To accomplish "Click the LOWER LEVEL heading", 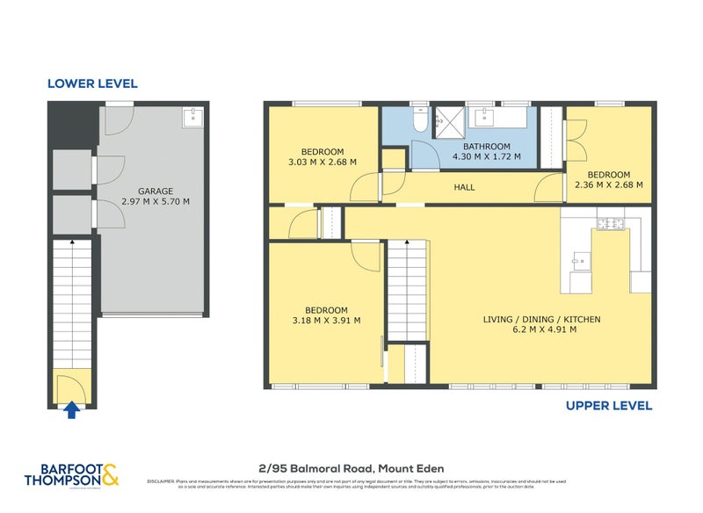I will pos(92,83).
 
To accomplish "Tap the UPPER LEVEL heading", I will pos(609,406).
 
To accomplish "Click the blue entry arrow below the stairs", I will pos(71,408).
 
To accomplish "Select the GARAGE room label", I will pos(155,191).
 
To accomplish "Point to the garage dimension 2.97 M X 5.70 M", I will pos(155,201).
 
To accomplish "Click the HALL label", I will pos(464,187).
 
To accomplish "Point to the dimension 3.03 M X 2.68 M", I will pos(322,162).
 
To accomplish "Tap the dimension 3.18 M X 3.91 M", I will pos(326,321).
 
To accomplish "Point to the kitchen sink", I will pos(581,259).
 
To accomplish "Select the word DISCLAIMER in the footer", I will pos(163,481).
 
